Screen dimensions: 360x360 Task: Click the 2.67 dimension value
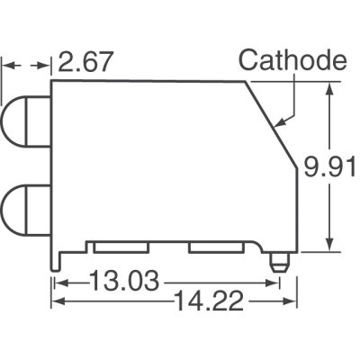pyautogui.click(x=87, y=64)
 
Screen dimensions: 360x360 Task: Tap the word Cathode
pyautogui.click(x=292, y=61)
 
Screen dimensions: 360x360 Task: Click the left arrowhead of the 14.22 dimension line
pyautogui.click(x=57, y=302)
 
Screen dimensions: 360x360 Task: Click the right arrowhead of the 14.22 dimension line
pyautogui.click(x=293, y=302)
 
